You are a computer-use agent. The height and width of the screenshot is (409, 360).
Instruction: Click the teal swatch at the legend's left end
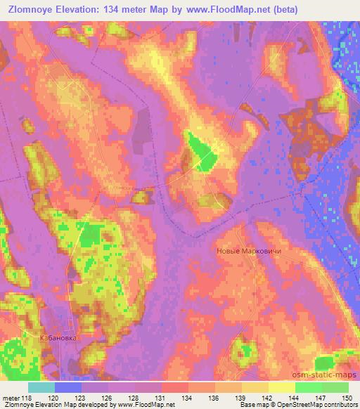[41, 387]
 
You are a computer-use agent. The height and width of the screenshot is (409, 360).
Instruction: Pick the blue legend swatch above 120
[68, 387]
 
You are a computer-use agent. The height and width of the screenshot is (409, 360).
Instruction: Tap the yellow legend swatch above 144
[281, 387]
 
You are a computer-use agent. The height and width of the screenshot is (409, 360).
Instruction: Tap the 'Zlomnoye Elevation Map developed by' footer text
[49, 405]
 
